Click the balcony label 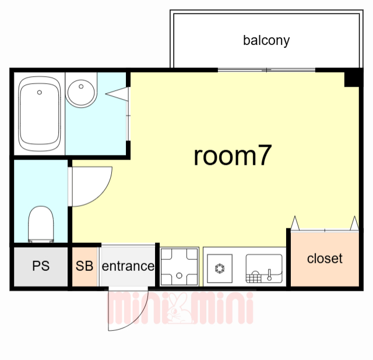click(x=266, y=41)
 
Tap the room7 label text click(x=233, y=156)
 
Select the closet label click(x=325, y=258)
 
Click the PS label click(x=41, y=266)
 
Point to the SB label click(x=85, y=266)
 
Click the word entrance click(x=128, y=266)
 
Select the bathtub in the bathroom click(x=40, y=114)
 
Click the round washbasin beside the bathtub click(x=80, y=92)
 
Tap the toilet click(x=41, y=224)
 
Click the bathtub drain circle click(x=40, y=92)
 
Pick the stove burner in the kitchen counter click(x=220, y=268)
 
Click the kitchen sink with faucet click(x=264, y=269)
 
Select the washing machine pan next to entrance click(x=179, y=266)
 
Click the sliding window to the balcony click(x=266, y=70)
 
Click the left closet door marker click(x=295, y=223)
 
